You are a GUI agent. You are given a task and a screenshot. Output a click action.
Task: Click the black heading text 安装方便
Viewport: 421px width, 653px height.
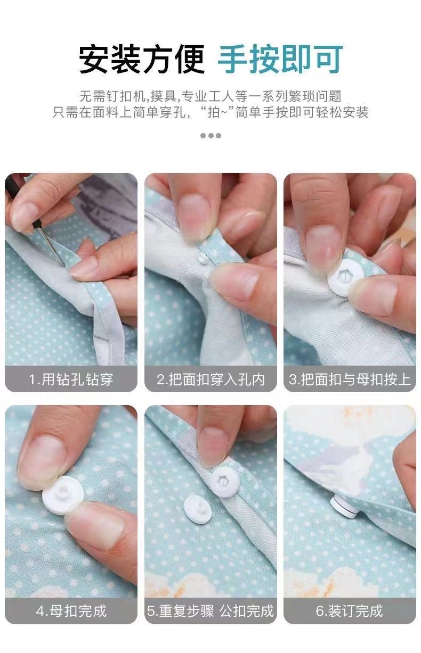(x=142, y=59)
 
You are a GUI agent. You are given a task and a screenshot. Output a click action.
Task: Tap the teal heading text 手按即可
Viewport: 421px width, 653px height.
(x=280, y=59)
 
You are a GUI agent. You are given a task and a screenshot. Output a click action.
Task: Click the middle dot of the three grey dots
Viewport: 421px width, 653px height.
(x=210, y=136)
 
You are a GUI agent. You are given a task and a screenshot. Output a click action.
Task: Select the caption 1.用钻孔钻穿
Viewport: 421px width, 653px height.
(x=71, y=379)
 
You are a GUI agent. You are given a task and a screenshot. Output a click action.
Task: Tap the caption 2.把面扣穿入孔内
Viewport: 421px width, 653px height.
(x=210, y=379)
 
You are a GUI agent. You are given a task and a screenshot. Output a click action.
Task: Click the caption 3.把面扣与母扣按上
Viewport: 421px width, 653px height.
(x=350, y=379)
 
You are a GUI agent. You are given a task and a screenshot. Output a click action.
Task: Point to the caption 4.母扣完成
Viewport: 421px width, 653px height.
(x=71, y=611)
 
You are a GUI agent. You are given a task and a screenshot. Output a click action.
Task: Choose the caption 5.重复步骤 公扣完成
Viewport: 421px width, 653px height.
(x=210, y=611)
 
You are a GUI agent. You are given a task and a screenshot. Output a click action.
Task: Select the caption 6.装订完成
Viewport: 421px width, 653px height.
(x=349, y=611)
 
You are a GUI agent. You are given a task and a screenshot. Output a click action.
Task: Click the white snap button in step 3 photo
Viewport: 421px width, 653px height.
(x=345, y=278)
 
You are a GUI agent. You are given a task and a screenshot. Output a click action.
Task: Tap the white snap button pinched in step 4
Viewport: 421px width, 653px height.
(x=63, y=494)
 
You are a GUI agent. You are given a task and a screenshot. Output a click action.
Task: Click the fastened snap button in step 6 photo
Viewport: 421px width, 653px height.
(x=344, y=507)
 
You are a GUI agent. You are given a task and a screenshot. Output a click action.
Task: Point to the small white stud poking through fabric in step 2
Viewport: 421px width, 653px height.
(x=203, y=258)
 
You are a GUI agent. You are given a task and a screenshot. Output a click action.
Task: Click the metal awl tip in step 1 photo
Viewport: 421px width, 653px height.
(x=62, y=264)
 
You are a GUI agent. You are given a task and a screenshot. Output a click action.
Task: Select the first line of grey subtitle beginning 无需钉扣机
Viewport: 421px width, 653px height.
(x=210, y=96)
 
